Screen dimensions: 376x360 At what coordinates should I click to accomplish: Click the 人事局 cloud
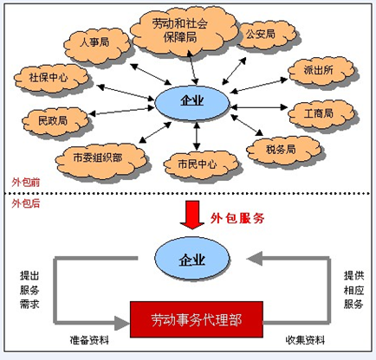click(x=97, y=46)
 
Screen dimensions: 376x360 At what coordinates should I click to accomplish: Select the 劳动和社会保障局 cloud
click(x=184, y=30)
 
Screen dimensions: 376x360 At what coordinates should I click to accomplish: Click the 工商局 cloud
click(x=321, y=114)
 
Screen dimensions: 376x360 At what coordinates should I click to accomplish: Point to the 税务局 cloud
click(x=283, y=150)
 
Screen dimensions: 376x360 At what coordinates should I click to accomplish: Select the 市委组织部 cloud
click(x=100, y=159)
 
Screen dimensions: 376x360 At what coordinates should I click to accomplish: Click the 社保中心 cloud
click(x=51, y=78)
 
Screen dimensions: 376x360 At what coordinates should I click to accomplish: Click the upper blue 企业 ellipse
click(x=192, y=103)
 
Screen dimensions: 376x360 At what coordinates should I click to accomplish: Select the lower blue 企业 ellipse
click(x=192, y=260)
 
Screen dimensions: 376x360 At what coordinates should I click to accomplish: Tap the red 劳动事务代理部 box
click(x=197, y=319)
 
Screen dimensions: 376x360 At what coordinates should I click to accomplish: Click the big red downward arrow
click(x=192, y=215)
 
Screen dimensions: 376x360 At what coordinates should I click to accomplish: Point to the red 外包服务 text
click(x=237, y=218)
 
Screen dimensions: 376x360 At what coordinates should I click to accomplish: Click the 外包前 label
click(x=26, y=183)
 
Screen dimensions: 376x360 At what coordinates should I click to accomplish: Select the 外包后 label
click(x=26, y=203)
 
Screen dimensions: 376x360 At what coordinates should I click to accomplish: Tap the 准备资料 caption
click(x=89, y=340)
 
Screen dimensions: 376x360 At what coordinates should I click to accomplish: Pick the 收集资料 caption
click(x=305, y=340)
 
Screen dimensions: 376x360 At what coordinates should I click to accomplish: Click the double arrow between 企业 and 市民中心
click(x=197, y=136)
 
